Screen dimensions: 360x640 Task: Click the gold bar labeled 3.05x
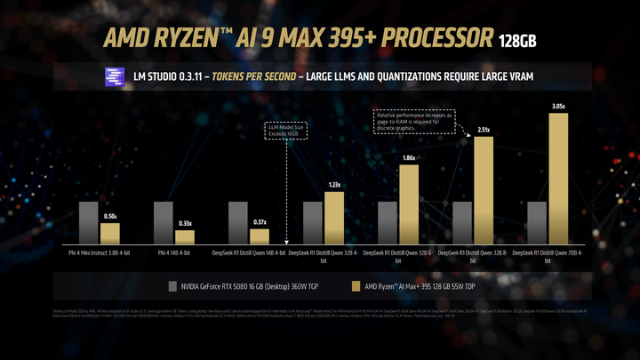[557, 177]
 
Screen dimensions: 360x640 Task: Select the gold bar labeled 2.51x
[483, 190]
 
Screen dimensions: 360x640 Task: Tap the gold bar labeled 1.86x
[408, 204]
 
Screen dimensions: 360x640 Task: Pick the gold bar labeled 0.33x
[184, 237]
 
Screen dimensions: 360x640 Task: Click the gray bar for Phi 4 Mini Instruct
[88, 222]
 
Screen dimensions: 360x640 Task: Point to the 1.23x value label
[333, 185]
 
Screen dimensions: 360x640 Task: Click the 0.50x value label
[109, 217]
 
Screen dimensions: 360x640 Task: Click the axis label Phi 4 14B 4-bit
[174, 252]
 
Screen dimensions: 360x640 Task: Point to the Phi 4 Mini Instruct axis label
[100, 252]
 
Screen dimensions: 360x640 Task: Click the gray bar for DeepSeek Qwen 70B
[536, 222]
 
